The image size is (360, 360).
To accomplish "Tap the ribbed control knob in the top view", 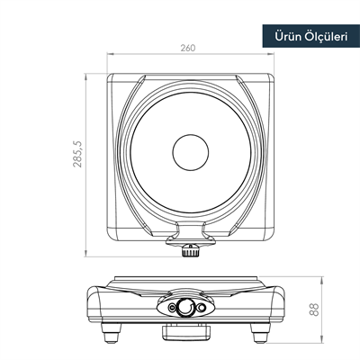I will (x=189, y=250).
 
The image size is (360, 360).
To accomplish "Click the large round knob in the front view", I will (x=184, y=308).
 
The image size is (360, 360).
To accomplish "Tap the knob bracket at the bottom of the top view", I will (x=189, y=232).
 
